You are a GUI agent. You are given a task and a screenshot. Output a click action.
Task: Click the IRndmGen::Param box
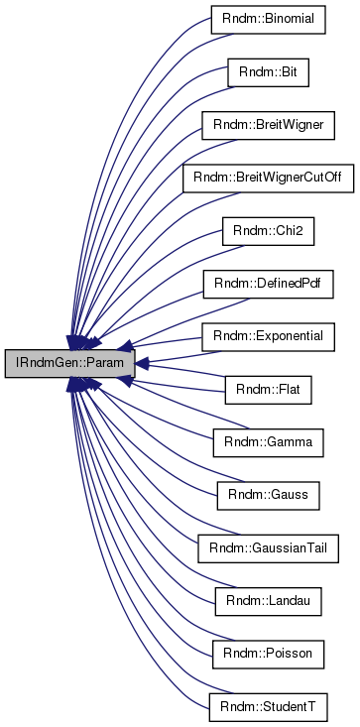pyautogui.click(x=67, y=364)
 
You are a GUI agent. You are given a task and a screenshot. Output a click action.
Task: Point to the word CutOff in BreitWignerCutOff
pyautogui.click(x=310, y=180)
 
